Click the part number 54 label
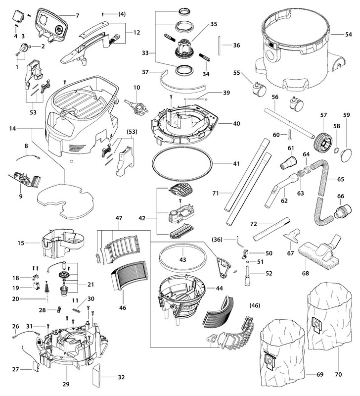(348, 35)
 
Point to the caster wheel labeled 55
(256, 89)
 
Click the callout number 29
(66, 384)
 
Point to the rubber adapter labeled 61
(288, 161)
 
